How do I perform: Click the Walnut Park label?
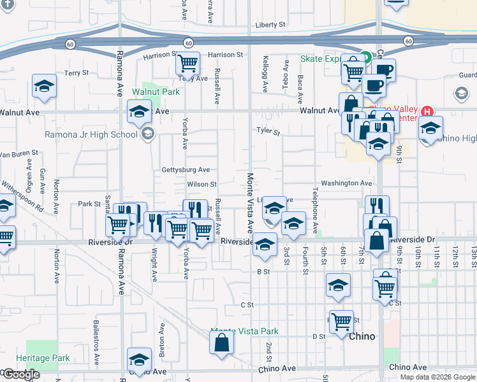(x=156, y=92)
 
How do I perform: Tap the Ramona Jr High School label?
(x=91, y=134)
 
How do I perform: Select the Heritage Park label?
(x=43, y=358)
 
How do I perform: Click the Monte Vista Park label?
(x=245, y=332)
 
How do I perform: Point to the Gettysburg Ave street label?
(x=186, y=170)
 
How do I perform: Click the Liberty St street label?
(x=270, y=25)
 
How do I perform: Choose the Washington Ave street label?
(x=346, y=183)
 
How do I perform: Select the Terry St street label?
(x=76, y=73)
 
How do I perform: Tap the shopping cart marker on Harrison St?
(x=188, y=64)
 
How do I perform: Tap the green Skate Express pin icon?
(x=365, y=57)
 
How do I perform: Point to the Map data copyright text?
(x=437, y=377)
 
